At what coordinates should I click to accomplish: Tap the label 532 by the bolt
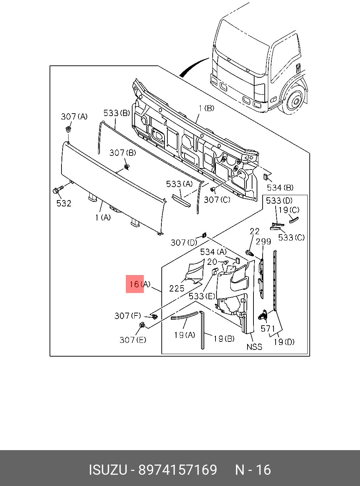[x=64, y=203]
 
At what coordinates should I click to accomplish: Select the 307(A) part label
[x=74, y=116]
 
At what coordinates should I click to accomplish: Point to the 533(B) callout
[x=116, y=113]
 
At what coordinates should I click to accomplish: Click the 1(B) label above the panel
[x=206, y=108]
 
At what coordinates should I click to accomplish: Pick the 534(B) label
[x=280, y=187]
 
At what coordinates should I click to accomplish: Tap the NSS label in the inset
[x=254, y=347]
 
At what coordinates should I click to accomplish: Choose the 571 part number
[x=268, y=329]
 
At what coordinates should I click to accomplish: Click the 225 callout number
[x=176, y=288]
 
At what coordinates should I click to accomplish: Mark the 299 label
[x=263, y=242]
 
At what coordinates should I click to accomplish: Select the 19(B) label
[x=224, y=339]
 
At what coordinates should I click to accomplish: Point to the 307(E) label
[x=133, y=340]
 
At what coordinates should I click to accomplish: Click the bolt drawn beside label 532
[x=57, y=190]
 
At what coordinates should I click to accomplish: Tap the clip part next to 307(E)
[x=142, y=325]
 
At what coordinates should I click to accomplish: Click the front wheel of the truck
[x=295, y=101]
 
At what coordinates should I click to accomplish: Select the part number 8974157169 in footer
[x=178, y=470]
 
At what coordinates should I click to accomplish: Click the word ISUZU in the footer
[x=108, y=470]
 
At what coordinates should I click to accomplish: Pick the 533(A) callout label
[x=179, y=184]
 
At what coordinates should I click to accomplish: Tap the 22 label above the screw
[x=255, y=231]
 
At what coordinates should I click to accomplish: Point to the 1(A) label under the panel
[x=103, y=218]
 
